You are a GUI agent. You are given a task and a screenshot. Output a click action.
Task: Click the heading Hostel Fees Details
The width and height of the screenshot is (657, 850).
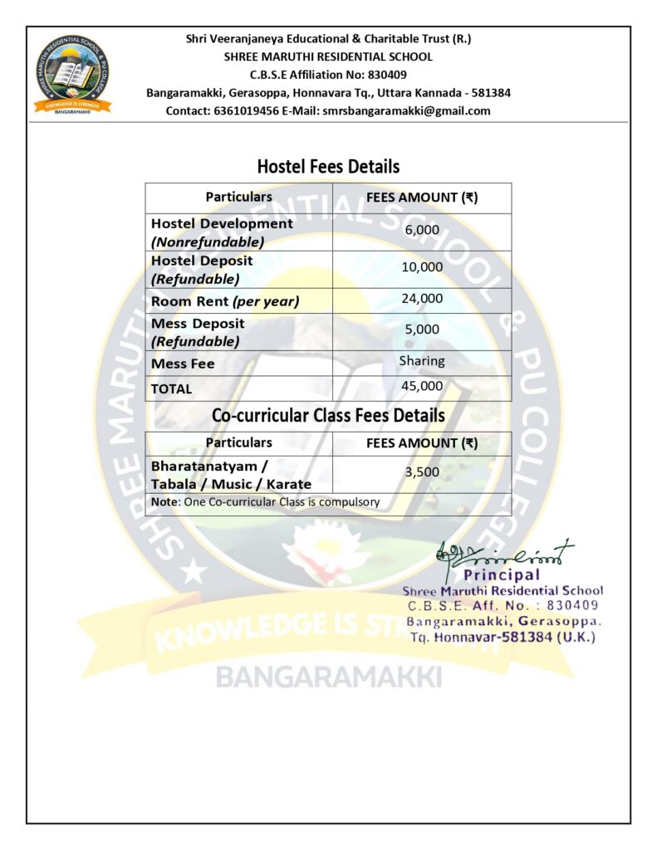(x=328, y=166)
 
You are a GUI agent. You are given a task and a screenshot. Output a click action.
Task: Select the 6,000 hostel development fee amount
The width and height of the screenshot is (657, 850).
(x=422, y=229)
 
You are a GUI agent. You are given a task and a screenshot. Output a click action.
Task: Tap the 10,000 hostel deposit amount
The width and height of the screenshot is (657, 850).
(x=422, y=267)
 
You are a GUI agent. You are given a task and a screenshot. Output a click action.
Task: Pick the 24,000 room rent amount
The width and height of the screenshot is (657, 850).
(x=422, y=298)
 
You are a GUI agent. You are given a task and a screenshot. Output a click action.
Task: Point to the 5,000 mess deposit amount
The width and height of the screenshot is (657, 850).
(x=422, y=329)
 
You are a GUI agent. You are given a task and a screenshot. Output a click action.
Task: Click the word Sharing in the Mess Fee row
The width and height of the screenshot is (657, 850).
(x=422, y=361)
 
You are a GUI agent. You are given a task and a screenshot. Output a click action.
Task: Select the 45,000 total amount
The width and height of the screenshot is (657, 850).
(x=422, y=386)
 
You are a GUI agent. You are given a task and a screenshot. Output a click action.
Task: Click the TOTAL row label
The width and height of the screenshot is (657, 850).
(x=171, y=388)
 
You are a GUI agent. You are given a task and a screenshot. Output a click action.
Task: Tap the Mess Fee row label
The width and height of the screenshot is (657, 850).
(x=183, y=364)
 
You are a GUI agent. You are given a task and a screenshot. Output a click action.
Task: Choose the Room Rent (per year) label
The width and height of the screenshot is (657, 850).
(x=224, y=301)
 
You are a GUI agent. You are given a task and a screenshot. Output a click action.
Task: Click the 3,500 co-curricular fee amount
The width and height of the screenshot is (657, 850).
(x=422, y=471)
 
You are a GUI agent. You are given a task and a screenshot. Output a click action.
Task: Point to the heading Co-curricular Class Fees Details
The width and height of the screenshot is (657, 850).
(x=328, y=415)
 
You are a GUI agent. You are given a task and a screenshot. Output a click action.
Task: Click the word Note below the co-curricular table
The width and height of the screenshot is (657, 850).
(x=163, y=501)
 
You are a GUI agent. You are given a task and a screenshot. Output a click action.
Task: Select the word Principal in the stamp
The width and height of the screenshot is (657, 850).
(x=502, y=574)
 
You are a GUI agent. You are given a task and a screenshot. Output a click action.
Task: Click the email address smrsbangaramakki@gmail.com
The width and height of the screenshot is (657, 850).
(x=406, y=110)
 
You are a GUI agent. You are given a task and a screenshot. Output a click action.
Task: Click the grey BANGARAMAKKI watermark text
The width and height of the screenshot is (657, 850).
(x=328, y=677)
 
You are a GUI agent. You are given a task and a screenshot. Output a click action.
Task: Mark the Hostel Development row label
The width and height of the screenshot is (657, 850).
(x=222, y=224)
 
